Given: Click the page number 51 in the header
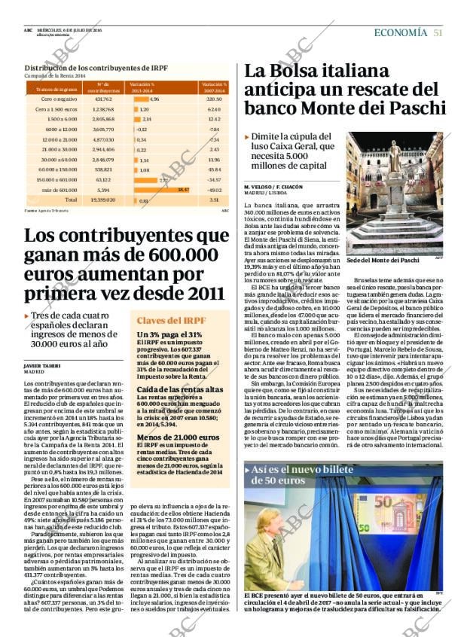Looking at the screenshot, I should (438, 32).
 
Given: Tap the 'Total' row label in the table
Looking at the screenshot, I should (71, 201).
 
